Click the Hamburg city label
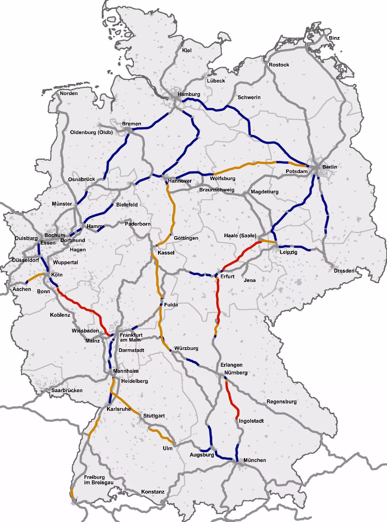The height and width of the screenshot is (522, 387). [189, 94]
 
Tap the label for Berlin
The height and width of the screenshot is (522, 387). [329, 167]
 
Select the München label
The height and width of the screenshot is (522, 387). [255, 460]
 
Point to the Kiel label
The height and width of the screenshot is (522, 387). [187, 50]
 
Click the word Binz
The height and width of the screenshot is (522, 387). [334, 38]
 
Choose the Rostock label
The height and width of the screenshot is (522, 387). [279, 65]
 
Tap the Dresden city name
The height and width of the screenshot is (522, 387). [344, 271]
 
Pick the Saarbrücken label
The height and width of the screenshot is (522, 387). [67, 391]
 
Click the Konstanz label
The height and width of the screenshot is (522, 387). [153, 492]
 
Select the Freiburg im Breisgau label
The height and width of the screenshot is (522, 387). [94, 480]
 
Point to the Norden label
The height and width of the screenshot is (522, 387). [69, 93]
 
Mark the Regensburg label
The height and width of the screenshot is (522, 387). [281, 402]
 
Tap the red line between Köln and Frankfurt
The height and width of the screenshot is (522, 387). [81, 307]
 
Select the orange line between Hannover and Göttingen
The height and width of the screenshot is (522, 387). [174, 209]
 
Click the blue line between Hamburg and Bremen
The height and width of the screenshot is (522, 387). [152, 126]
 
